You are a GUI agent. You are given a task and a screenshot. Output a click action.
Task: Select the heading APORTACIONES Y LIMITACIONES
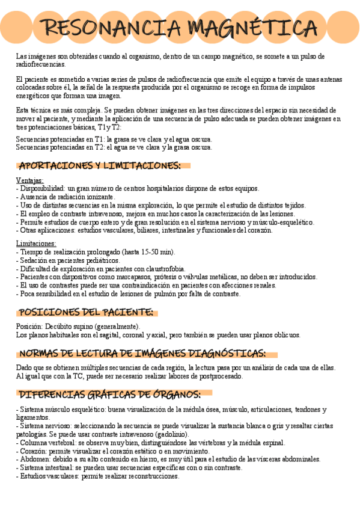[100, 165]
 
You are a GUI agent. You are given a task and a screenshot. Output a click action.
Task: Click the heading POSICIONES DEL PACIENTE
[86, 312]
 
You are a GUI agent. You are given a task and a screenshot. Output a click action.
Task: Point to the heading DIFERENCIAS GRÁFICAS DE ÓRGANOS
[109, 395]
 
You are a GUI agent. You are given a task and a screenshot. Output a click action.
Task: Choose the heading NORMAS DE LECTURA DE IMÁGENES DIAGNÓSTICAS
[142, 353]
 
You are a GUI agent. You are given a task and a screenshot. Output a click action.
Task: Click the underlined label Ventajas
[29, 180]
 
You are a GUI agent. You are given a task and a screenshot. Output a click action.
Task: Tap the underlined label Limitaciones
[36, 244]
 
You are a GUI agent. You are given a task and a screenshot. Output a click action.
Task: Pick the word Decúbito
[59, 327]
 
